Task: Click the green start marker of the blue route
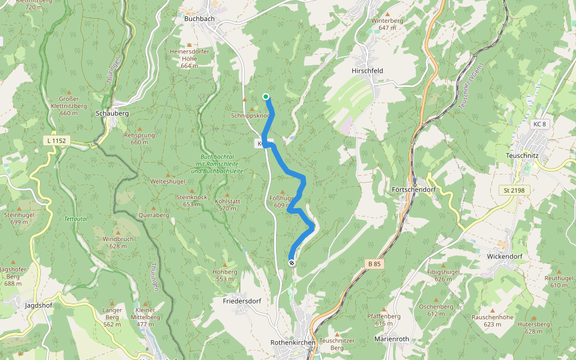265,96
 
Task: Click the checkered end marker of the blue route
292,263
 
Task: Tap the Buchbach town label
199,19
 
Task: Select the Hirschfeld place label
367,70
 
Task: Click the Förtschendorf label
413,189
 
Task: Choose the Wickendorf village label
505,256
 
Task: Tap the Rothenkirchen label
293,342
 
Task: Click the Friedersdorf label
241,301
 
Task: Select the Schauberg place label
112,113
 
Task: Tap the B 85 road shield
374,263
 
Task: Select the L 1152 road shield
58,140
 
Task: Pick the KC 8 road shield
539,124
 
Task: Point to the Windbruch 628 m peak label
118,242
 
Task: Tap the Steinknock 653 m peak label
191,200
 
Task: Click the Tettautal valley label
76,219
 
